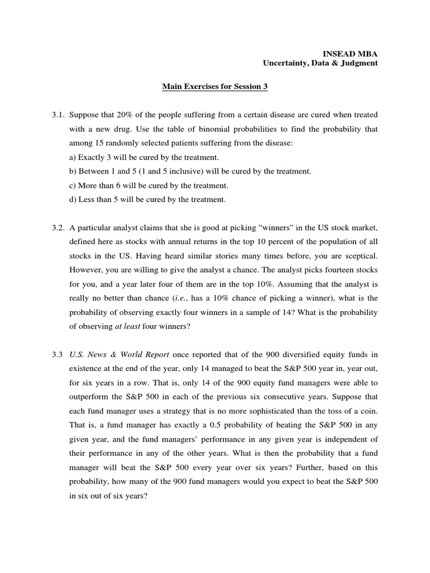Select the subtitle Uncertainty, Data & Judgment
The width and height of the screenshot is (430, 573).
tap(320, 63)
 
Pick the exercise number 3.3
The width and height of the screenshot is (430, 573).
tap(58, 354)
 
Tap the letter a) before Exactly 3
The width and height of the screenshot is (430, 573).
tap(72, 158)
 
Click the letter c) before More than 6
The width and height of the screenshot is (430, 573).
tap(72, 185)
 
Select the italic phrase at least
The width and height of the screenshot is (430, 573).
tap(127, 326)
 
